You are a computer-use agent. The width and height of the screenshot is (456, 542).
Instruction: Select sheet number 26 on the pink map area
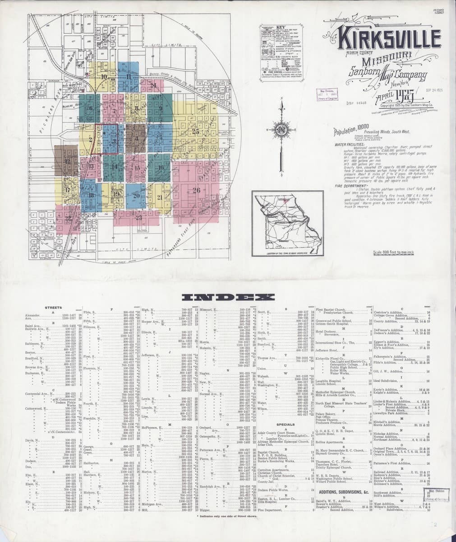196,190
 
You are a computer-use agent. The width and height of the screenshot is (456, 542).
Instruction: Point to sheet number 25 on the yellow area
195,132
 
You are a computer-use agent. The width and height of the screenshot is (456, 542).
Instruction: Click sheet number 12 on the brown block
67,161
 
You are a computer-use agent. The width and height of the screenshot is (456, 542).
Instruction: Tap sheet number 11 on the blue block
129,76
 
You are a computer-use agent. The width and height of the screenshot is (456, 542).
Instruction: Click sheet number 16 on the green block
161,167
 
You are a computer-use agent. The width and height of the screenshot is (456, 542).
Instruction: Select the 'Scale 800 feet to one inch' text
391,252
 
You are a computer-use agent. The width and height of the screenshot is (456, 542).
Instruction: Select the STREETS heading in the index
53,308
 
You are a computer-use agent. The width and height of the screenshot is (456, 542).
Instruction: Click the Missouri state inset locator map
287,224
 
